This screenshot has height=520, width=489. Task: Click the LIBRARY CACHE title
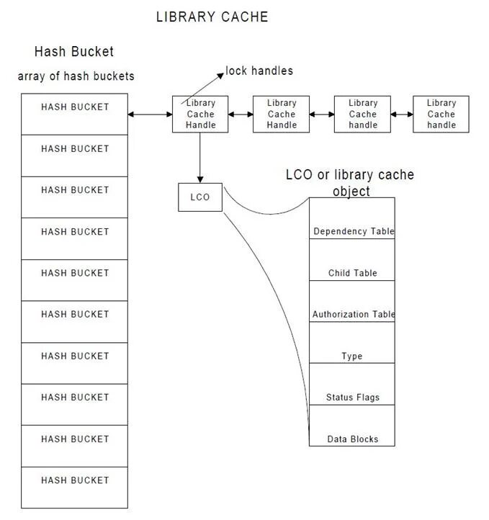pyautogui.click(x=212, y=17)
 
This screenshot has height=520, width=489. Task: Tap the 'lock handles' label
pyautogui.click(x=259, y=71)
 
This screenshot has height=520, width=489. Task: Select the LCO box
pyautogui.click(x=200, y=197)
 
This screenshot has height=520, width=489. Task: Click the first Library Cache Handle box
pyautogui.click(x=200, y=114)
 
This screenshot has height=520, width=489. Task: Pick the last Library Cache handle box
pyautogui.click(x=441, y=114)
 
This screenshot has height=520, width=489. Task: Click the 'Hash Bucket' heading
pyautogui.click(x=73, y=52)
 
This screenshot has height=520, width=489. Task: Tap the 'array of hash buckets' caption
pyautogui.click(x=76, y=76)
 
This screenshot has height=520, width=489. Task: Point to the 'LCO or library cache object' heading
pyautogui.click(x=350, y=182)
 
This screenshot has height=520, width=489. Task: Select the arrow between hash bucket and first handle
pyautogui.click(x=150, y=114)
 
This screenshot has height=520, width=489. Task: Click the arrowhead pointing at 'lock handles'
pyautogui.click(x=221, y=72)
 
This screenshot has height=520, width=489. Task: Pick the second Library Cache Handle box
pyautogui.click(x=282, y=114)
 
